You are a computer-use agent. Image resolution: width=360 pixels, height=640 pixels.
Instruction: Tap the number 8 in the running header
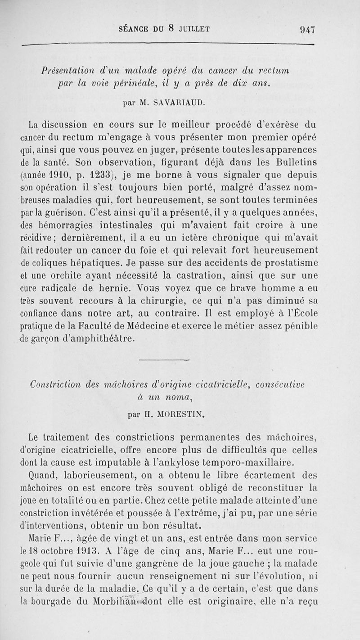click(171, 28)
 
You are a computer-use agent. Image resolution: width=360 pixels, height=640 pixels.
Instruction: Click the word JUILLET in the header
click(193, 29)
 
